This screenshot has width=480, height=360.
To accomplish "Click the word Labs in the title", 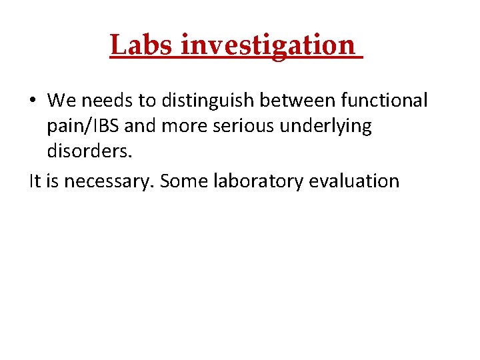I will point(142,45).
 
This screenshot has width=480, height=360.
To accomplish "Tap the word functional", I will point(384,101).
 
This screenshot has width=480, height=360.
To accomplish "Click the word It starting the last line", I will point(35,181).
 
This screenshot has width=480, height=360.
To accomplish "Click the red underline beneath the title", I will point(236,59).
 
